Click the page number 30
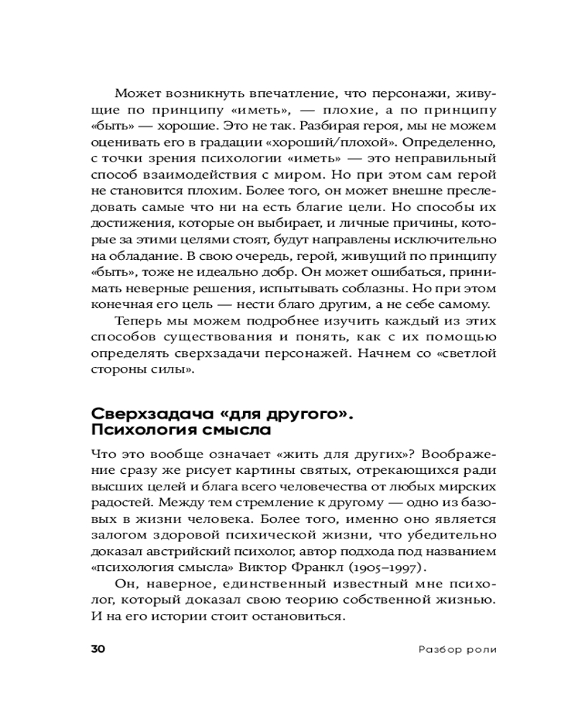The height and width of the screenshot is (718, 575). click(x=98, y=649)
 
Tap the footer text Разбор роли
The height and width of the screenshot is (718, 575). click(x=458, y=650)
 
